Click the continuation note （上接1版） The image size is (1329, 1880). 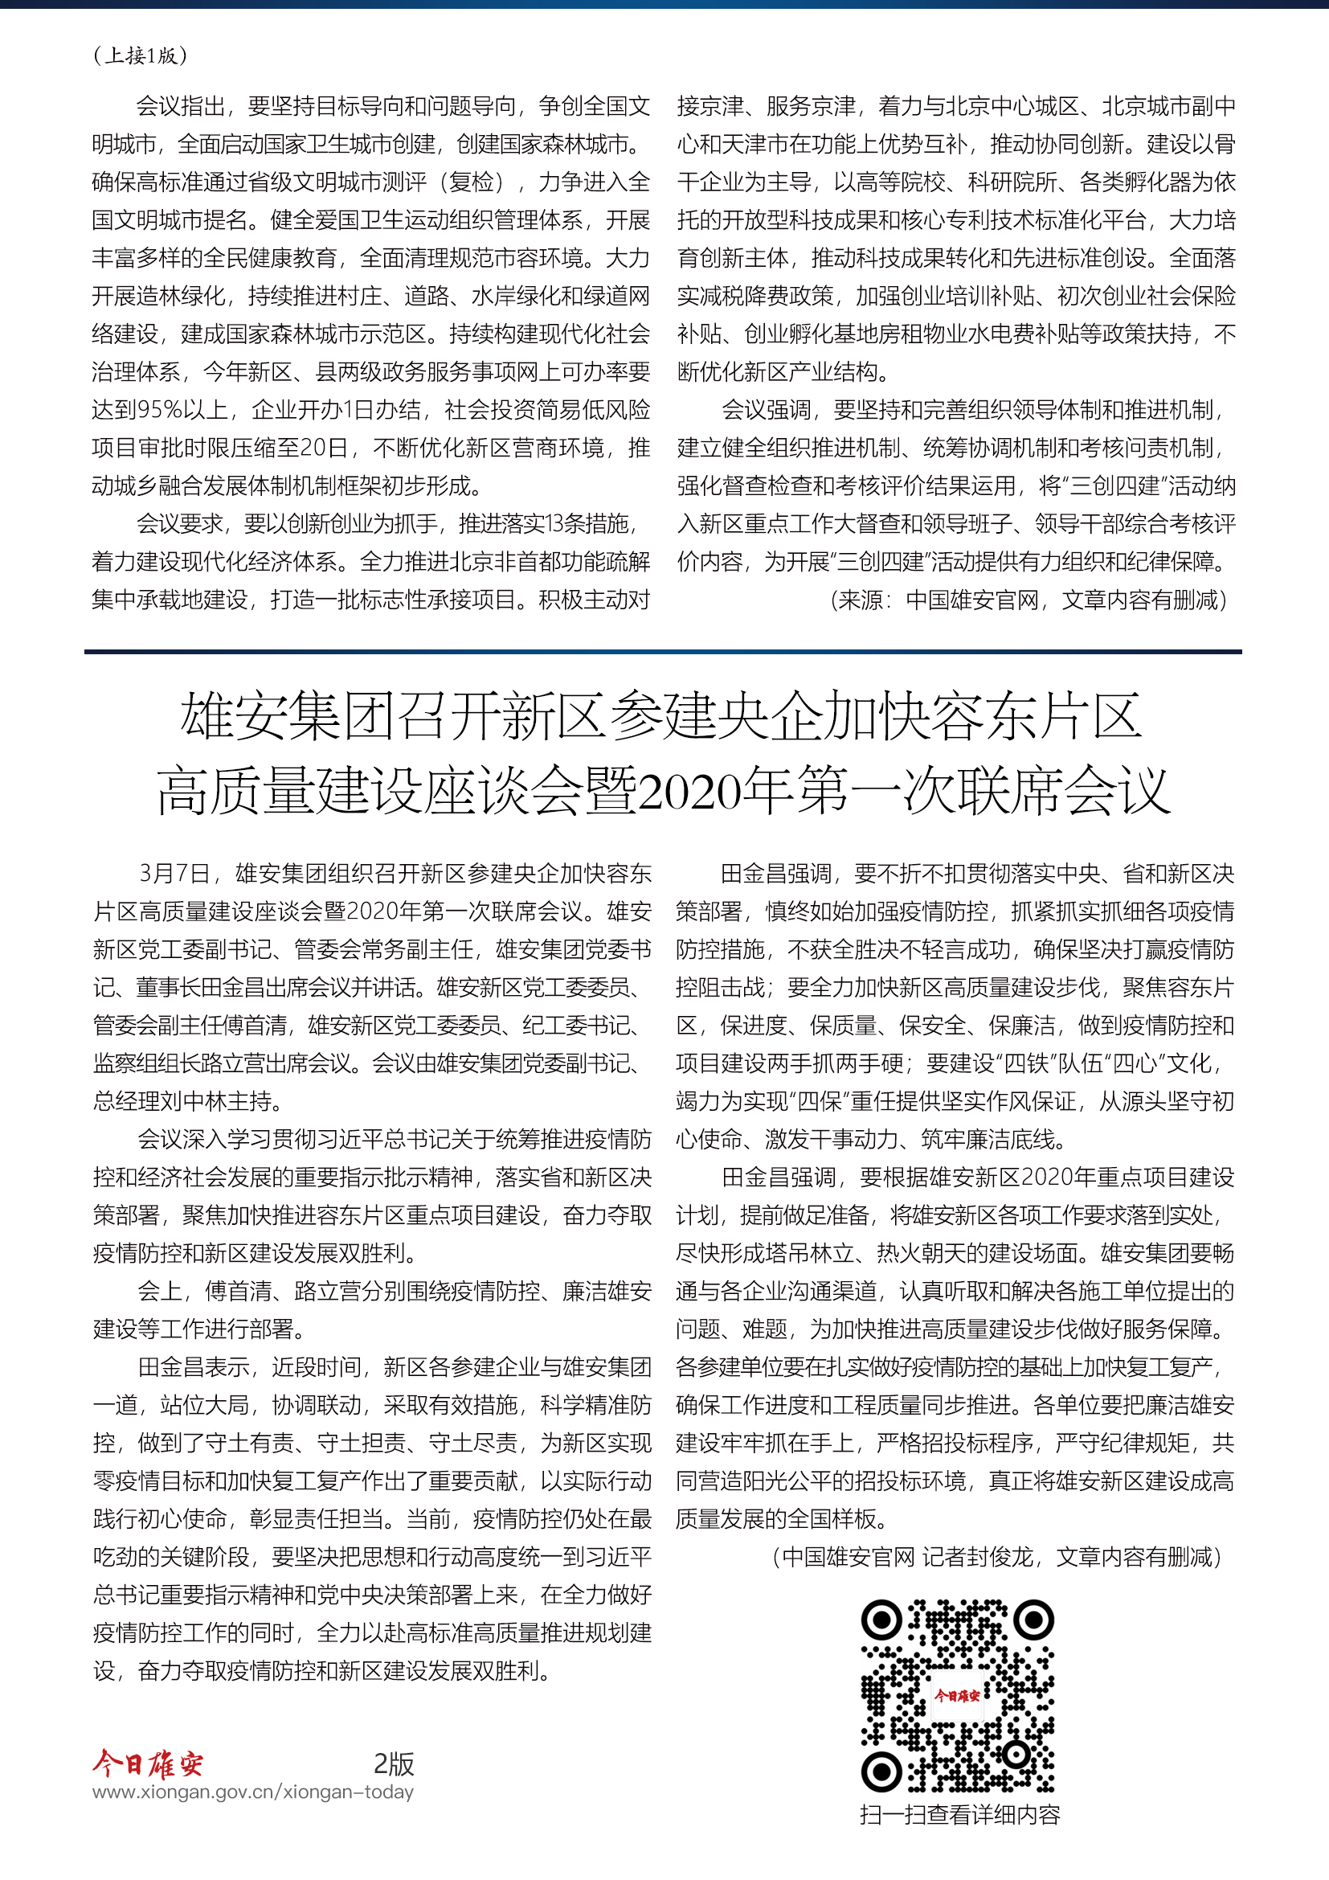(x=140, y=55)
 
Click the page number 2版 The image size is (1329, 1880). (x=394, y=1763)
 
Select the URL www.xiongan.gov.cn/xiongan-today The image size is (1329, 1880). (x=253, y=1792)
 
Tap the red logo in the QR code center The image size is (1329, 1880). (x=957, y=1695)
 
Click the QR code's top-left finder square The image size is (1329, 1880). (x=881, y=1620)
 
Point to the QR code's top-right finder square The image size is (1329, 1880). (x=1033, y=1620)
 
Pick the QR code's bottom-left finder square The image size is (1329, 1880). (x=881, y=1772)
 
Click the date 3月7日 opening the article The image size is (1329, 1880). (x=174, y=874)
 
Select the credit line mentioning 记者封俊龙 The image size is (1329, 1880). (x=996, y=1557)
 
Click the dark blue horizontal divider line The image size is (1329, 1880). (x=663, y=652)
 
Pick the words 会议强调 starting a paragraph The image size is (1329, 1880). (x=766, y=409)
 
